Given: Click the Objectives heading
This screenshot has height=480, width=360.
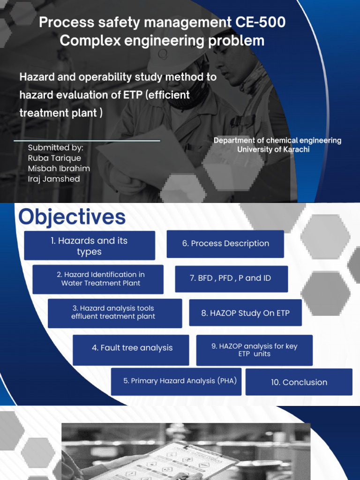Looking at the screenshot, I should point(72,217).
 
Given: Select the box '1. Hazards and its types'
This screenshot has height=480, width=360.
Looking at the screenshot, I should point(90,246).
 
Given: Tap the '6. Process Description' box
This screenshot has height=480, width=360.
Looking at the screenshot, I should point(225,244).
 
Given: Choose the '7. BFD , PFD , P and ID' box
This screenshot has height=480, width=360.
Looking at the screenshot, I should point(231,278).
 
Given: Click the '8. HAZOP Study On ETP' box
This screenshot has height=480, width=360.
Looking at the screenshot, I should point(245,313).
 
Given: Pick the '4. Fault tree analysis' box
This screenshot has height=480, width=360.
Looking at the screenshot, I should point(131,348).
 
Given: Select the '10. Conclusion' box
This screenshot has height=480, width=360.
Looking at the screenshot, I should point(299,382).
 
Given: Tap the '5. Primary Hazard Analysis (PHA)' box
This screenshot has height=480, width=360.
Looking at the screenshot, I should point(180,381).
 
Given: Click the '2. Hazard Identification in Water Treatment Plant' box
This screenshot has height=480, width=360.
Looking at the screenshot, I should point(98,279).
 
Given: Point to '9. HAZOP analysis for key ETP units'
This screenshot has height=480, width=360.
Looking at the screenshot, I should point(254,350).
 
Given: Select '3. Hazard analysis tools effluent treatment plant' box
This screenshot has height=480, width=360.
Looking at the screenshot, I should point(114,313).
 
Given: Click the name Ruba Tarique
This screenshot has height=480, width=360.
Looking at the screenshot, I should point(54,158).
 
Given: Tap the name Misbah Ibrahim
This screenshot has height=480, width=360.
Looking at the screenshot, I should point(59,168).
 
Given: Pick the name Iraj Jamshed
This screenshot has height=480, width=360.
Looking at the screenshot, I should point(54,179).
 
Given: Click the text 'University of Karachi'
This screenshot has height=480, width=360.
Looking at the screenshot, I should point(273,150).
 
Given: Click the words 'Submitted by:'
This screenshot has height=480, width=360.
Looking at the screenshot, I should point(55,148).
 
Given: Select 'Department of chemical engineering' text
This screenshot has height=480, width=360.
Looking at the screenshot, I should point(277,141).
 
